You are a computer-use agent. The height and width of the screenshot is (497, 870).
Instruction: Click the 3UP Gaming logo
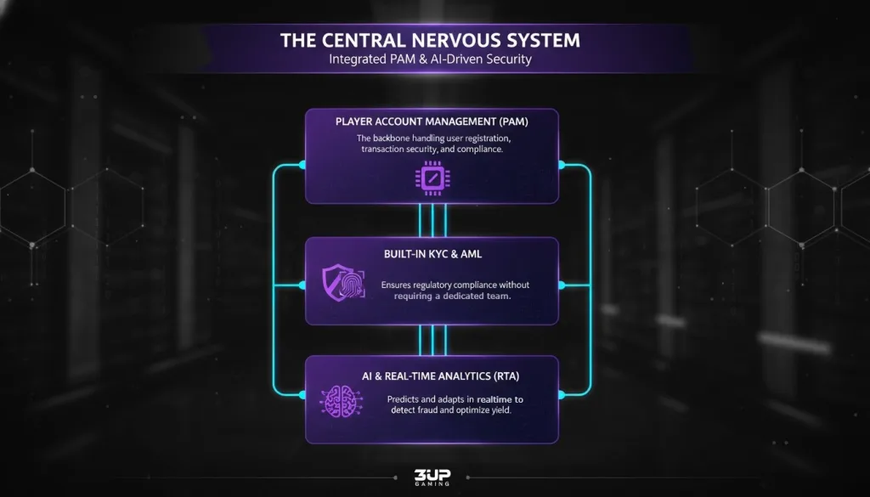(x=432, y=478)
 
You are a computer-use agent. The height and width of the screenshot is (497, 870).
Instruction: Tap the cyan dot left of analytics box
(x=302, y=393)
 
